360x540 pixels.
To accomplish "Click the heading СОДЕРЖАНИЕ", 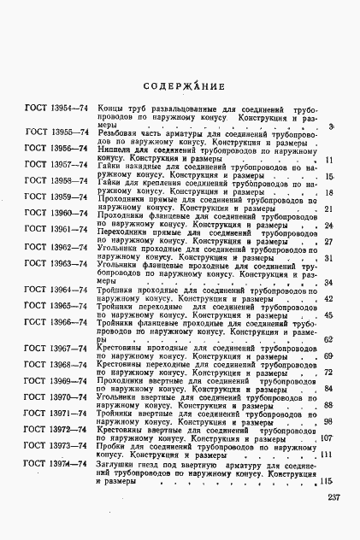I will [x=184, y=86].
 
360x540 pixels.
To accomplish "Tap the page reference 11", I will [x=328, y=160].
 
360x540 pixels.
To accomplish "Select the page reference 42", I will [x=328, y=299].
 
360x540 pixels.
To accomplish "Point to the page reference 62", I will [x=328, y=340].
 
